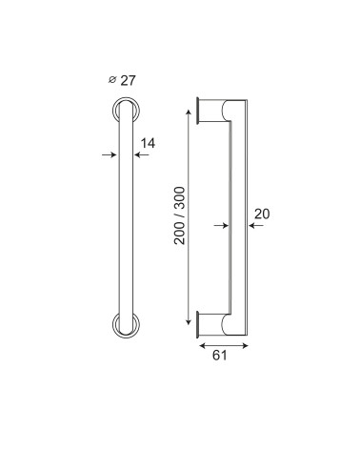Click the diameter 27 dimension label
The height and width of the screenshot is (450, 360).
point(122,80)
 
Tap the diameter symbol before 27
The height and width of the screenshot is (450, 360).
point(111,80)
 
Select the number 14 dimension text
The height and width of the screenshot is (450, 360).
point(148,143)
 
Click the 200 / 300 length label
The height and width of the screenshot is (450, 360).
point(180,215)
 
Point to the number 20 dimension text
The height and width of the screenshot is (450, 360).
point(262,214)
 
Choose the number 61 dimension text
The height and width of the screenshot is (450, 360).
point(220,356)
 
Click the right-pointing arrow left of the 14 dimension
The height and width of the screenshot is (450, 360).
point(110,154)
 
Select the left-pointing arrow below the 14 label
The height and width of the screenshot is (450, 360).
point(142,154)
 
